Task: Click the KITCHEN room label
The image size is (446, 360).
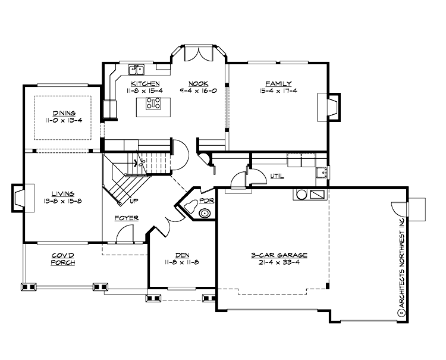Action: [145, 84]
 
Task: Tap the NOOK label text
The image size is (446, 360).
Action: [198, 84]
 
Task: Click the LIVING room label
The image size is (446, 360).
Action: [62, 193]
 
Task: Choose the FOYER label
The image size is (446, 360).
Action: [127, 218]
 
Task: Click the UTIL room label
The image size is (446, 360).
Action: [277, 177]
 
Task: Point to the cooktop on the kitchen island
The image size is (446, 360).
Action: [153, 104]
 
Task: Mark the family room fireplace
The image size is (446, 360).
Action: [331, 107]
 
